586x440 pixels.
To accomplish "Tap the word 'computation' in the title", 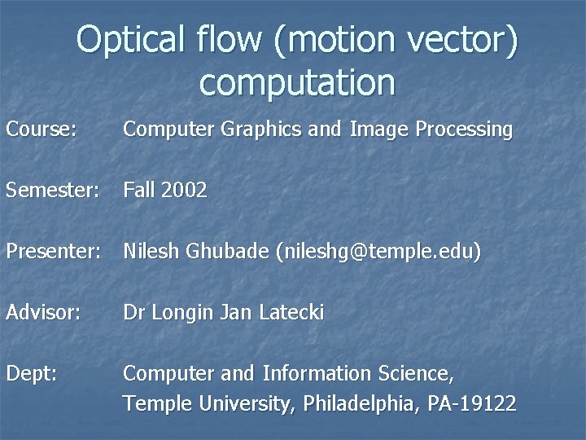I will [x=296, y=82].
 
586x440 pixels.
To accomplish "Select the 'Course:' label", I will [x=42, y=129].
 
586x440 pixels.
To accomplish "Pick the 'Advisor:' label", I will [x=43, y=313].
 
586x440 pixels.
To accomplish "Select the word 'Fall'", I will [x=138, y=191].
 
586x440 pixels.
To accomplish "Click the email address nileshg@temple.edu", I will [x=379, y=253].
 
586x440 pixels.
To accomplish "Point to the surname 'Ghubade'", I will [x=230, y=253].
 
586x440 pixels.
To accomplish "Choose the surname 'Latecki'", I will [x=291, y=313].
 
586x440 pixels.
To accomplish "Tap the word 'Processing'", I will [x=464, y=129].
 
